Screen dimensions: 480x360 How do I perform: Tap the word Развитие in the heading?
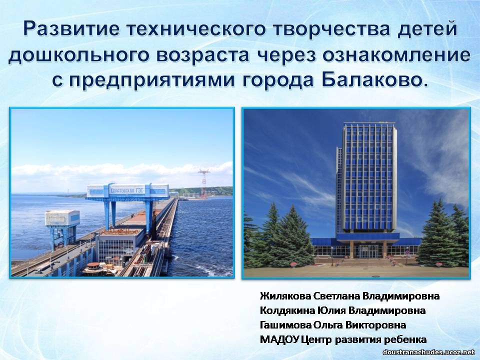[72, 29]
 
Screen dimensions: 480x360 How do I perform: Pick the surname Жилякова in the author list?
[285, 296]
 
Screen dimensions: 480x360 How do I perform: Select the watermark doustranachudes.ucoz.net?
[428, 352]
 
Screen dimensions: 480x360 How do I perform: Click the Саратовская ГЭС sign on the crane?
[127, 190]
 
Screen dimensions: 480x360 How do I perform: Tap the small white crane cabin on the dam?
[62, 217]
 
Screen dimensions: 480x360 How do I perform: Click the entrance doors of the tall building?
[368, 251]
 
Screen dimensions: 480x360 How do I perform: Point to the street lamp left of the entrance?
[332, 255]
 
